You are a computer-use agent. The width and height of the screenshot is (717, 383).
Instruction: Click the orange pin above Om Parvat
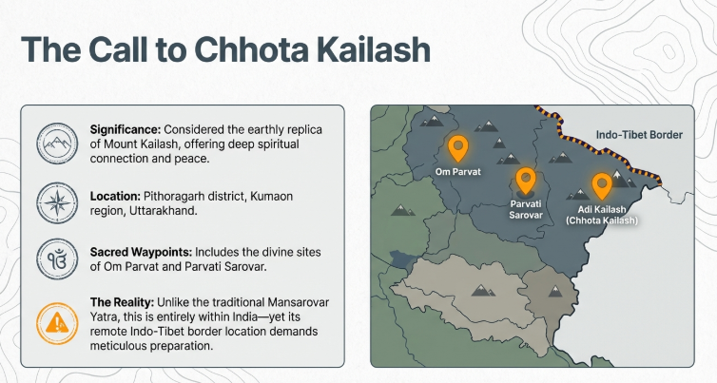point(457,148)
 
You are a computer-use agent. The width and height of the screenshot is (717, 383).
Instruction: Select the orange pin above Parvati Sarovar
point(524,180)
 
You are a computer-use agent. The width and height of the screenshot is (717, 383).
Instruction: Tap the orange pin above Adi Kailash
point(601,184)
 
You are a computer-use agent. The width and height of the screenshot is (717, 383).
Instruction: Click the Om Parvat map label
point(457,173)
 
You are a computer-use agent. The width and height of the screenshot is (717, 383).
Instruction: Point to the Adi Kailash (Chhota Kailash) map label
point(607,214)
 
